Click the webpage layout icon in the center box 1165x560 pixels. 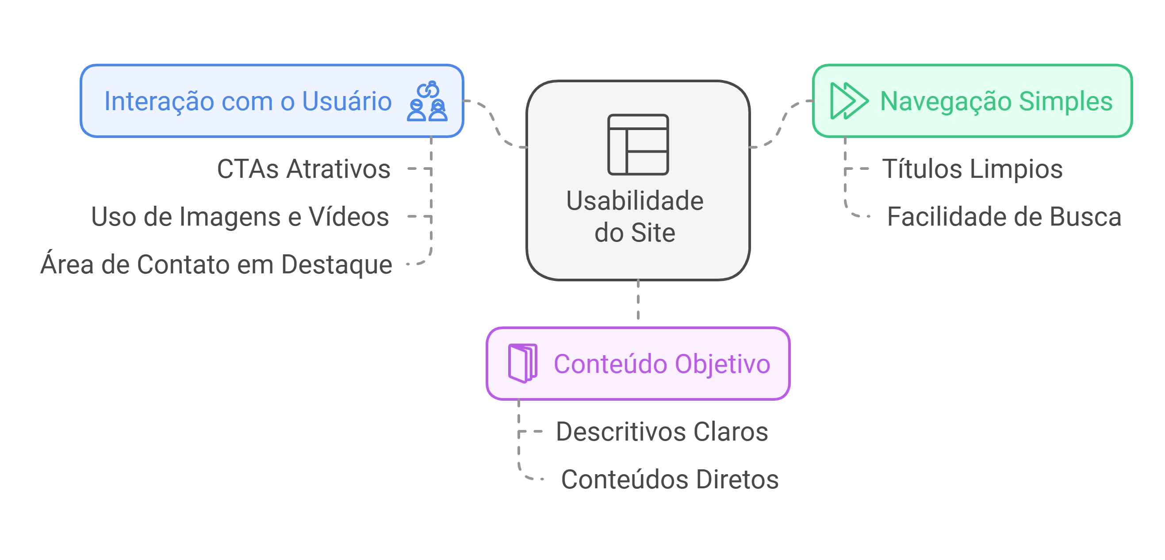(638, 144)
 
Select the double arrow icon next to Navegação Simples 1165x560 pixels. (849, 101)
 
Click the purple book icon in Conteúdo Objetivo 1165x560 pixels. (522, 363)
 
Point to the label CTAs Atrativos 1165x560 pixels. (303, 169)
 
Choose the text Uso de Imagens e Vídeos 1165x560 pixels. (240, 217)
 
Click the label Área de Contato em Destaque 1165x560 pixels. (216, 264)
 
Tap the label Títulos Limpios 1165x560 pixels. (972, 169)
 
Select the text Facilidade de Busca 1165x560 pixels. (1004, 217)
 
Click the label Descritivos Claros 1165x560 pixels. (662, 432)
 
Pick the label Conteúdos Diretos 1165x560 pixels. (669, 479)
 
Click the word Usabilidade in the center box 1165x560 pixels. (635, 201)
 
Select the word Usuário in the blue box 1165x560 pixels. (346, 101)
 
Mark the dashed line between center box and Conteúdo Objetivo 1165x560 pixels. (638, 300)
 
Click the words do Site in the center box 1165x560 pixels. (635, 233)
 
